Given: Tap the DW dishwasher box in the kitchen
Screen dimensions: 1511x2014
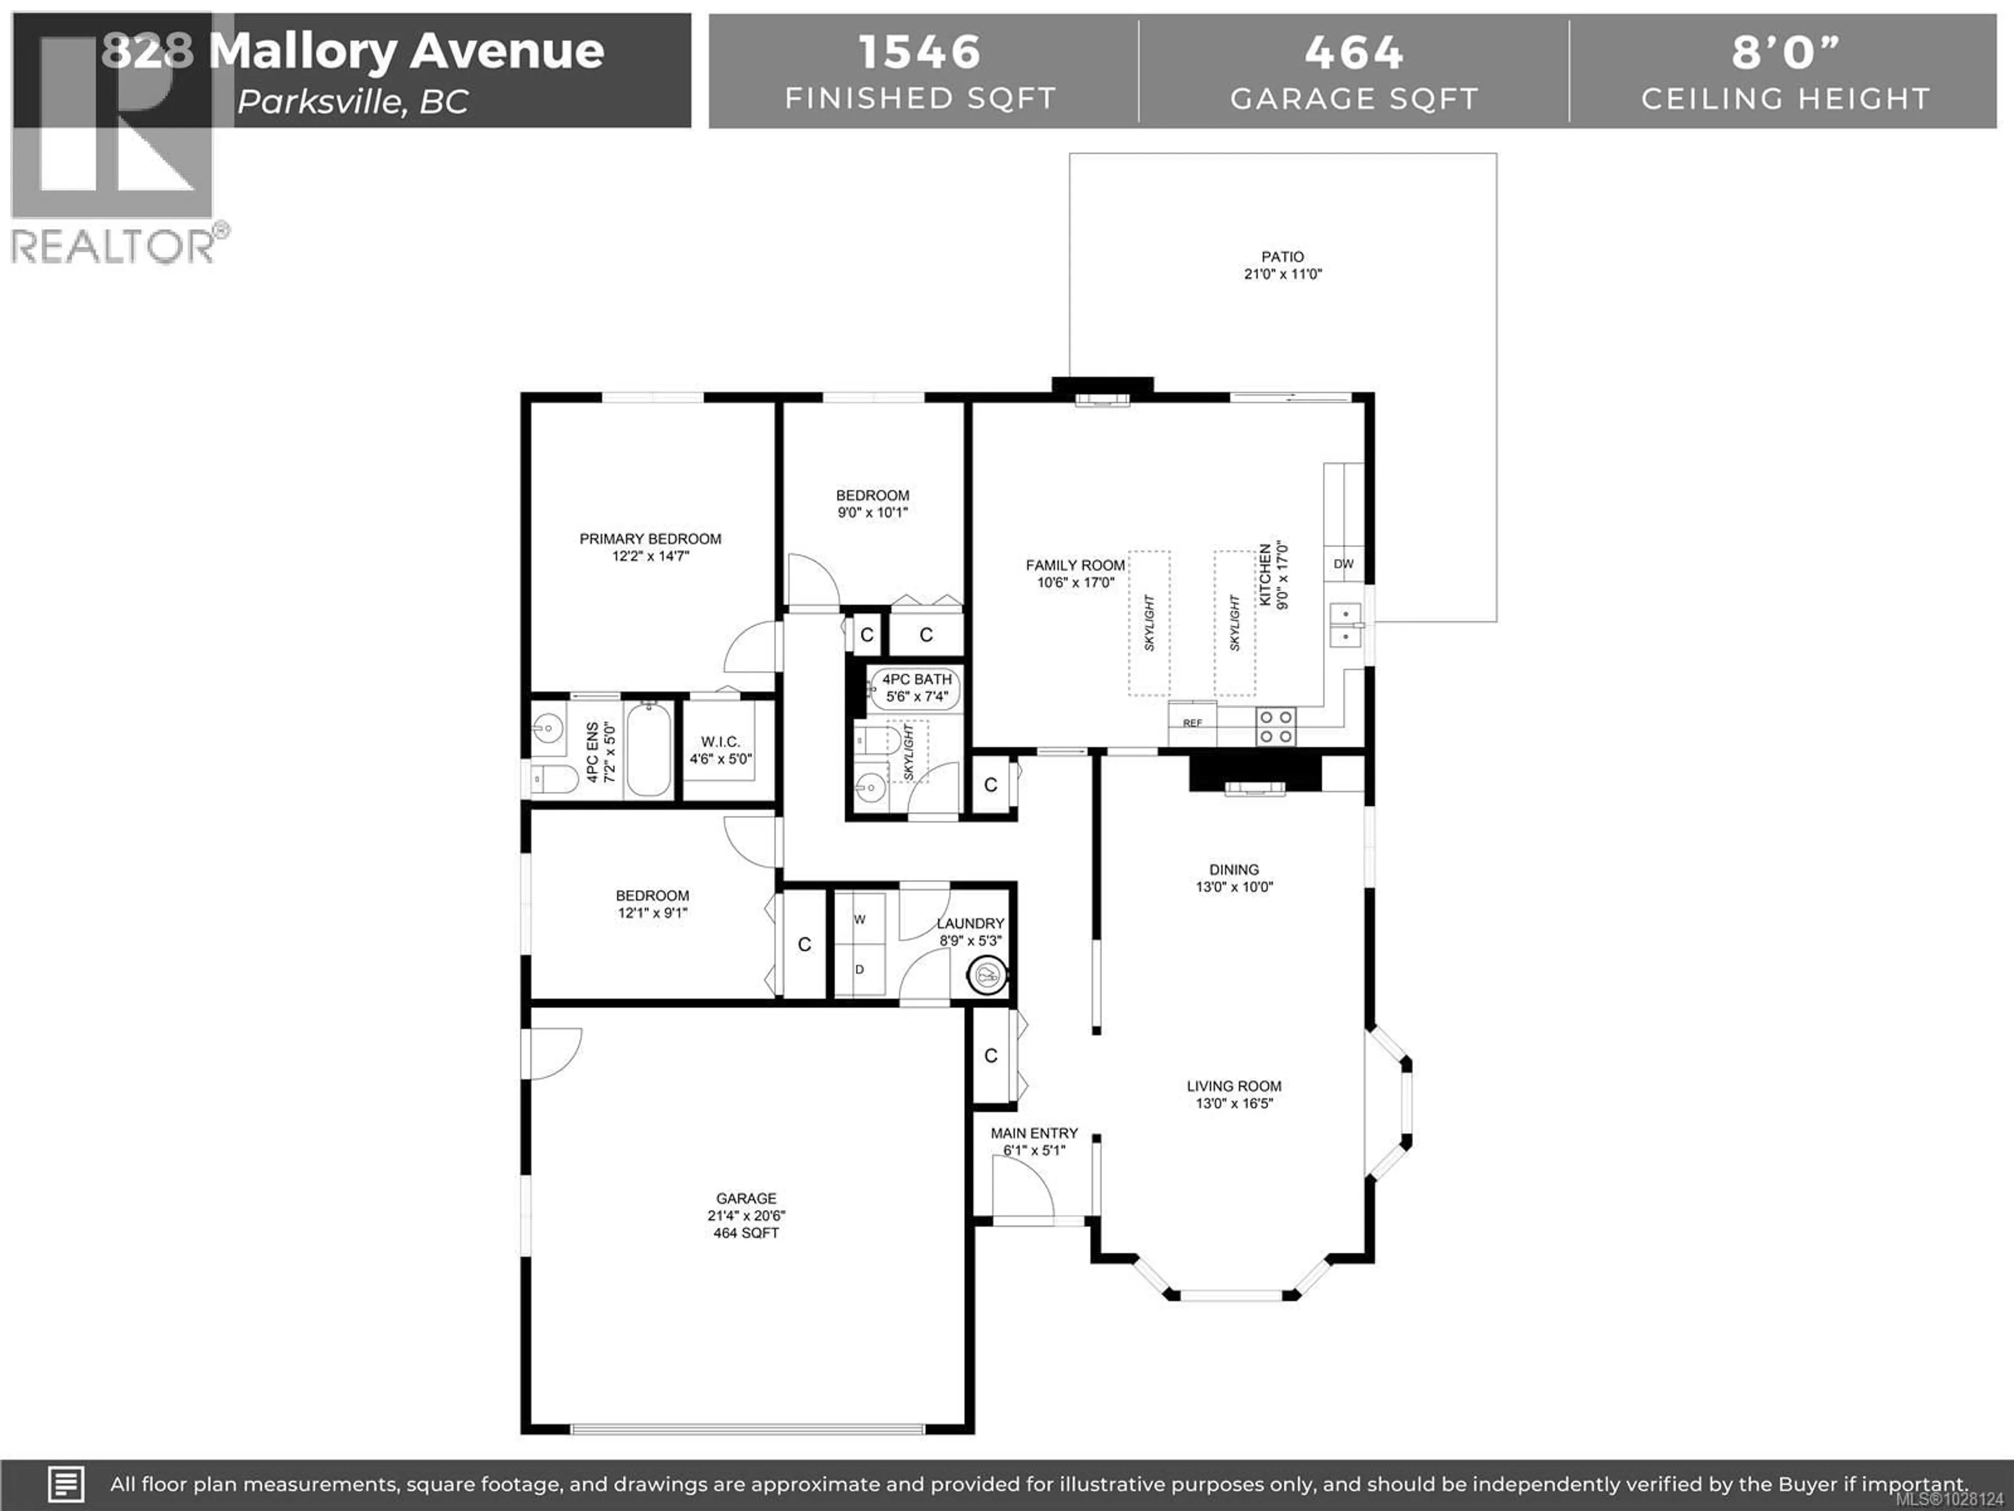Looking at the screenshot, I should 1343,564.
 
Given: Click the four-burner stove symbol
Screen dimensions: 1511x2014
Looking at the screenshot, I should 1274,727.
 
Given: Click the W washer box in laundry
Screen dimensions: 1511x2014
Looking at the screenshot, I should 860,920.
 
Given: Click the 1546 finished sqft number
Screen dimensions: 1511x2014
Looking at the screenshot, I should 919,52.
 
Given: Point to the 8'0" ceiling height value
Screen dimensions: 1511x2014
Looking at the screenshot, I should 1785,52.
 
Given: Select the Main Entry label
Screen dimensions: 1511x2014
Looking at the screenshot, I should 1034,1133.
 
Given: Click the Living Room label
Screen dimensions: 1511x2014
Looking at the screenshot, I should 1234,1086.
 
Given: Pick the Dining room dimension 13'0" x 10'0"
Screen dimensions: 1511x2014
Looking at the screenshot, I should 1234,886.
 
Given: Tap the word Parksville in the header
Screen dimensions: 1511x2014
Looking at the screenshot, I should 319,102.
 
